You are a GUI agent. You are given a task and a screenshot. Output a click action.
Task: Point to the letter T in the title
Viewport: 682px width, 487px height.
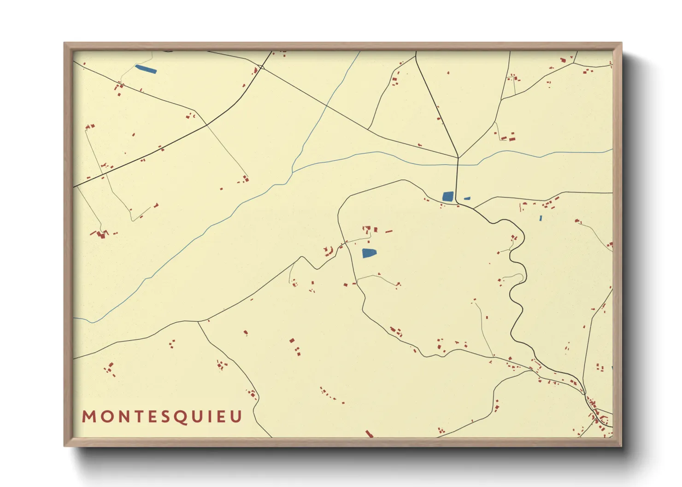[x=137, y=417]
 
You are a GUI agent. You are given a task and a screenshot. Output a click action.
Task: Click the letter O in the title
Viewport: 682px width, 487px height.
[x=106, y=417]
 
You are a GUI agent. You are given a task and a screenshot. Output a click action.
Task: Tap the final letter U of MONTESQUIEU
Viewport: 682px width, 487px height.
[x=236, y=417]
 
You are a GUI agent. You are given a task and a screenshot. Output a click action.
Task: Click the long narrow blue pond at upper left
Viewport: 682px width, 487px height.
[x=146, y=69]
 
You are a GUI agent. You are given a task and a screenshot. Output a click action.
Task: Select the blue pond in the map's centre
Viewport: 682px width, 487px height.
[x=369, y=253]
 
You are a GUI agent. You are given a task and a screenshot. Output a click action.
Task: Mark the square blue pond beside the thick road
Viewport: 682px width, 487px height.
[x=447, y=197]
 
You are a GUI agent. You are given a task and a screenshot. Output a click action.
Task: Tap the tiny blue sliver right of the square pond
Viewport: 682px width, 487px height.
[x=467, y=198]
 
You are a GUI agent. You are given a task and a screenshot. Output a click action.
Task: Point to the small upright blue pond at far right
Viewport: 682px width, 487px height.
[x=541, y=218]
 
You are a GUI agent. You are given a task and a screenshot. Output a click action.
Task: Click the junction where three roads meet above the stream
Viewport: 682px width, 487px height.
[x=458, y=158]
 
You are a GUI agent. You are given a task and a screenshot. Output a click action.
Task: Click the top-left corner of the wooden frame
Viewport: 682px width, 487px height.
[x=65, y=43]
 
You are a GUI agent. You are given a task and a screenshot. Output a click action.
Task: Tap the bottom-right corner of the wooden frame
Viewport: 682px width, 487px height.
[x=621, y=446]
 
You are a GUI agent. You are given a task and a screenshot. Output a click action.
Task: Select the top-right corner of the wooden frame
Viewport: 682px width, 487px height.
[x=621, y=43]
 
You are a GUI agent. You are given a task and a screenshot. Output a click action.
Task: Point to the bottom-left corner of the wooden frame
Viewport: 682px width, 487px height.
[x=65, y=446]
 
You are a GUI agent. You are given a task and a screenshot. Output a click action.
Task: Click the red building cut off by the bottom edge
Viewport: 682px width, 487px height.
[x=369, y=434]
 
